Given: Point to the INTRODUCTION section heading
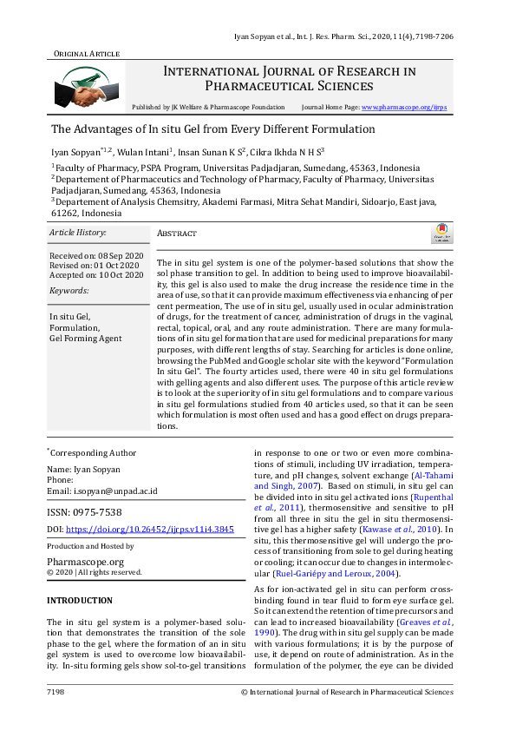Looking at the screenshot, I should [79, 600].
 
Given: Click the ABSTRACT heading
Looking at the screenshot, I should [177, 234].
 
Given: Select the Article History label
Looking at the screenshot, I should [78, 233].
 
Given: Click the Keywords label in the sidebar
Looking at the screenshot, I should [69, 290].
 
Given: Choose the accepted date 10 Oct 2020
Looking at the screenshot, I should [120, 275].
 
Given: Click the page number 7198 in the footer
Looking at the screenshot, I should [56, 692].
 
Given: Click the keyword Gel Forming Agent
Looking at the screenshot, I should [86, 339].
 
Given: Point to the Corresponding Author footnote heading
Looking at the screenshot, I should [92, 453].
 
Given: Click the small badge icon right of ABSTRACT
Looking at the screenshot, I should [441, 233].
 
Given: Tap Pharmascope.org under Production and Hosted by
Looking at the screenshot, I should [88, 562].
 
